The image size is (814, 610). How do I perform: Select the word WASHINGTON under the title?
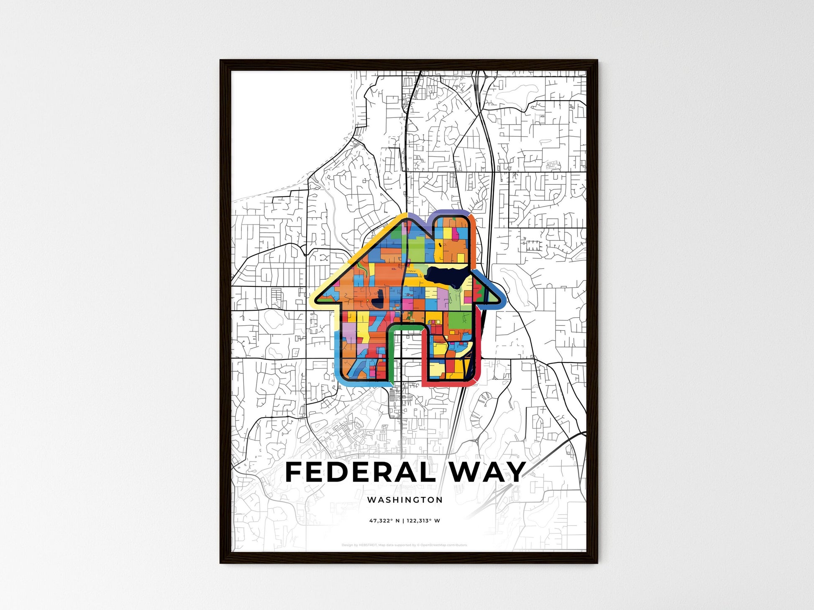pyautogui.click(x=404, y=500)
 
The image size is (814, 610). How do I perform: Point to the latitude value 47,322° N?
pyautogui.click(x=384, y=521)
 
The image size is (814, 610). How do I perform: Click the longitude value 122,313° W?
pyautogui.click(x=423, y=521)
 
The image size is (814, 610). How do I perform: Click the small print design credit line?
pyautogui.click(x=404, y=545)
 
